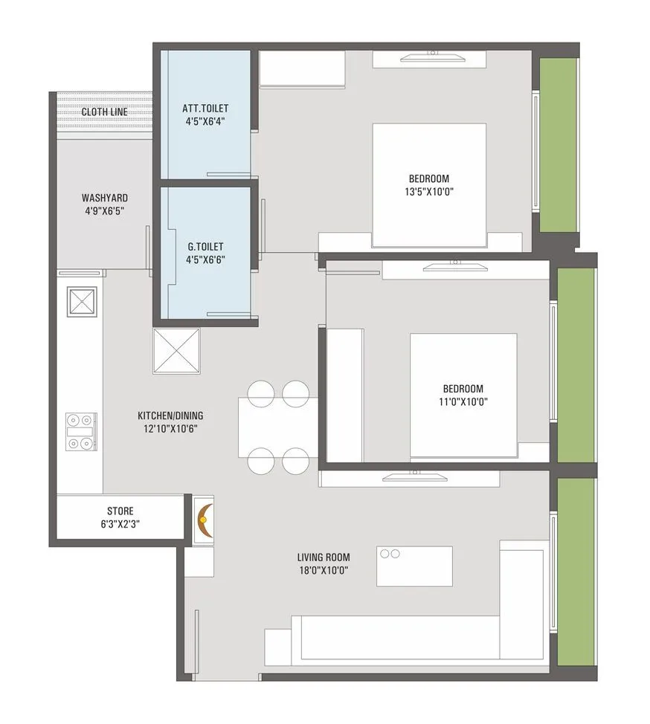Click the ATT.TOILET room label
(x=205, y=109)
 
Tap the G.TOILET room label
(x=205, y=246)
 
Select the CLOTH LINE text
(x=104, y=112)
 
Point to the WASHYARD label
(x=104, y=198)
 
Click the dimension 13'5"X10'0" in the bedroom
(x=428, y=191)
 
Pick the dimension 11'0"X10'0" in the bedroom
(x=463, y=401)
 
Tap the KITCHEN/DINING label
(x=170, y=416)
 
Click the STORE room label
(x=120, y=511)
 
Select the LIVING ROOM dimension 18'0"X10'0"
(x=323, y=570)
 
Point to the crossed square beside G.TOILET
(x=176, y=351)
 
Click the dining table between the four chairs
(x=277, y=427)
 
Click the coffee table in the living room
(x=414, y=566)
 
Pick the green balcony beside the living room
(x=576, y=571)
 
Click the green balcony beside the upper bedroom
(x=557, y=145)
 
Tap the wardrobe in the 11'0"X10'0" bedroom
(x=345, y=394)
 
